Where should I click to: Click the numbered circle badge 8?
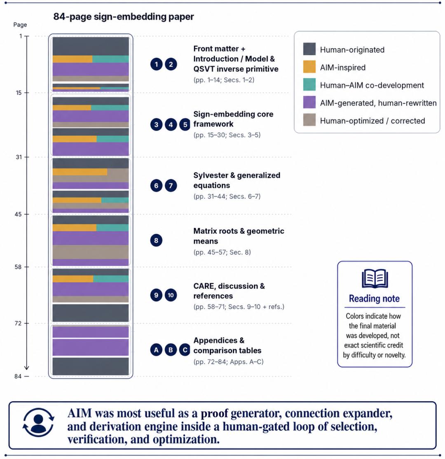click(156, 240)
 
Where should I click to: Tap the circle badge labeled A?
click(156, 350)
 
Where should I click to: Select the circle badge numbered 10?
click(171, 295)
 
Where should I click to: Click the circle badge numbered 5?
click(185, 124)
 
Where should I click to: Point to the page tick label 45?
click(18, 214)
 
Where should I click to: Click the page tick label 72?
click(18, 323)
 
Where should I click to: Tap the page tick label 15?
click(19, 93)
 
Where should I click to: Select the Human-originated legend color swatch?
click(309, 49)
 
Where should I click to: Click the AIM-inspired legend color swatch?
click(309, 67)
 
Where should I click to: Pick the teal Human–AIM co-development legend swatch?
click(309, 85)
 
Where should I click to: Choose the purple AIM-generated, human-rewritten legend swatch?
click(309, 102)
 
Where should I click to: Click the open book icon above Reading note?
click(375, 278)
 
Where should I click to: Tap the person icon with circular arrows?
click(38, 422)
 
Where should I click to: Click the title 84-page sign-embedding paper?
click(123, 17)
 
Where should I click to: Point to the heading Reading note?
click(374, 298)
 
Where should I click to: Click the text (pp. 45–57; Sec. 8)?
click(222, 252)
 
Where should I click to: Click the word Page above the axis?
click(20, 25)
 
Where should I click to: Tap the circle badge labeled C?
click(185, 350)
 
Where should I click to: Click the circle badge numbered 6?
click(156, 186)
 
